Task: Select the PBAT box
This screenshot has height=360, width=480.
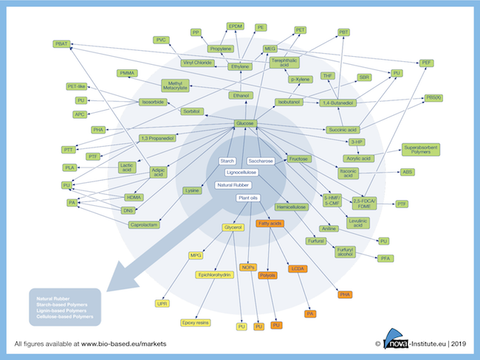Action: pos(61,44)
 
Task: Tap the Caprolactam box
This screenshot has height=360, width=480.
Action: pos(145,222)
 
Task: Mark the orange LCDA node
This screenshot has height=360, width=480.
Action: pos(298,269)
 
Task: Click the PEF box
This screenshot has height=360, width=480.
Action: pos(426,63)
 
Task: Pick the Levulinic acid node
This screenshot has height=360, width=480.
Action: pos(357,222)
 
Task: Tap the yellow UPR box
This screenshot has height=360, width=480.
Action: pos(162,303)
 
